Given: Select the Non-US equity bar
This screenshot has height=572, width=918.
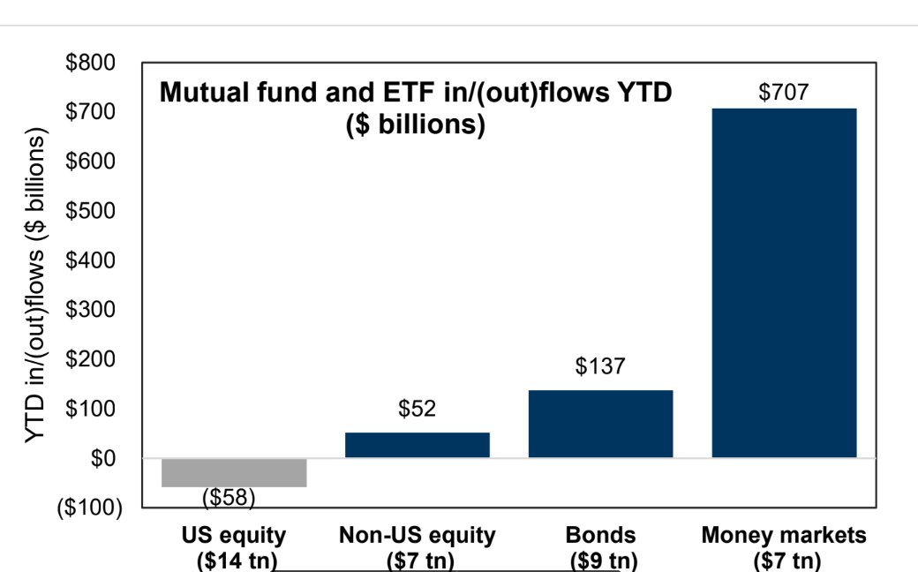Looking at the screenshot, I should (x=418, y=445).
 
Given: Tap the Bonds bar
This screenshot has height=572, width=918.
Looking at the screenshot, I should (x=600, y=424).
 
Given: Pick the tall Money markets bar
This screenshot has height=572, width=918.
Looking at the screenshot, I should (x=784, y=282).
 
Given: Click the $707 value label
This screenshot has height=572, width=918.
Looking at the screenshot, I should (x=784, y=92).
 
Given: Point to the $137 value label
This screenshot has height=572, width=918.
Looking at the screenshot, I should (x=600, y=366).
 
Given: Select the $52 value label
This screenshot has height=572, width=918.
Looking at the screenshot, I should (x=418, y=409).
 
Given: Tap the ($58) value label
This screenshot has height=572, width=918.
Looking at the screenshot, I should (x=229, y=498).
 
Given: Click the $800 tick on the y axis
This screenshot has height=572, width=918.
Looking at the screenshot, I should (x=91, y=64).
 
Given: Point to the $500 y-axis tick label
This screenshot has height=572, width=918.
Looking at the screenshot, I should (x=91, y=212).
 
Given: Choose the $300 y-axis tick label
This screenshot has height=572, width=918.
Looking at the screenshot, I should (x=91, y=311).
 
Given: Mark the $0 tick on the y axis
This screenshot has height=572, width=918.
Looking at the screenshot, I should (x=101, y=459).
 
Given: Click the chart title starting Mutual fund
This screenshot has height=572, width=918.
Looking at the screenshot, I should (x=415, y=92).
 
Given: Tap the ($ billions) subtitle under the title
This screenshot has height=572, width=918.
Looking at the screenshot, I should (x=415, y=124).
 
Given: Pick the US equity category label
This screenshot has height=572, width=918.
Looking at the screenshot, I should (x=234, y=536).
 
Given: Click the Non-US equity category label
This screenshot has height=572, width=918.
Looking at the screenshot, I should (x=418, y=536).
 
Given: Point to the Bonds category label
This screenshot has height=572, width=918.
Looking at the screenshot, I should (x=600, y=536).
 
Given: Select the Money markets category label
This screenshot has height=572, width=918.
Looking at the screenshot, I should (x=784, y=536).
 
